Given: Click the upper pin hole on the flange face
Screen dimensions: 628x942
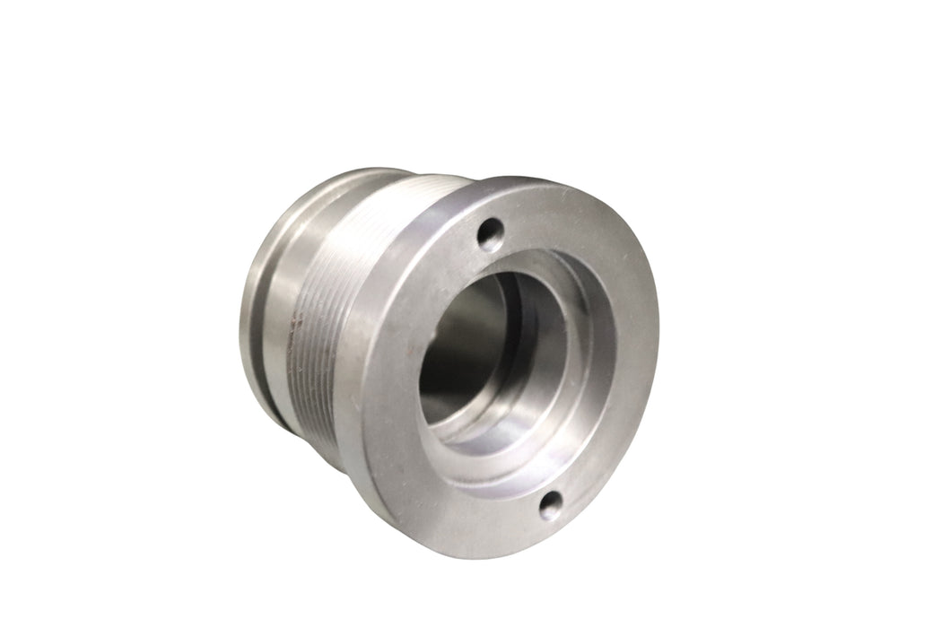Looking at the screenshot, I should coord(488,236).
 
